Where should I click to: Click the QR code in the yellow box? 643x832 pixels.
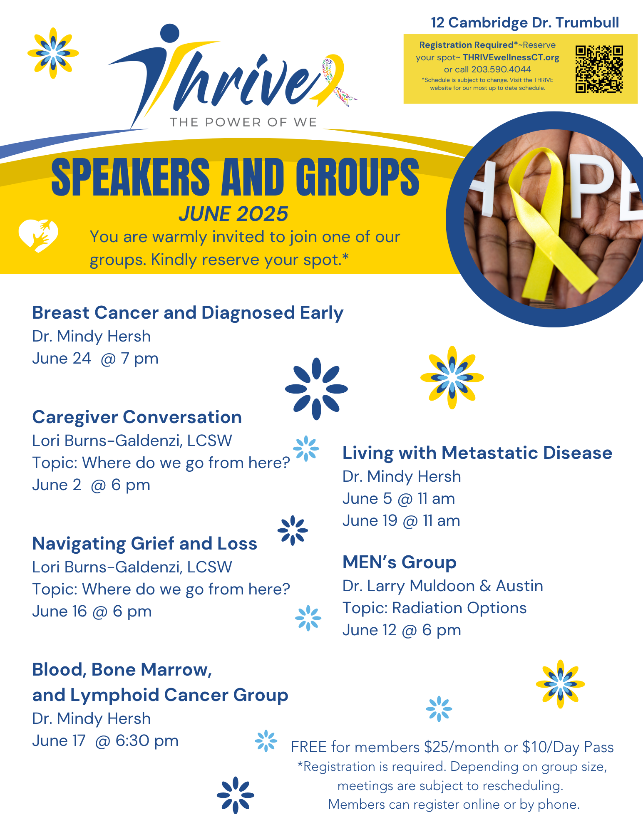(599, 69)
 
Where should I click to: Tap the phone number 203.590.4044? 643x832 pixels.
(501, 69)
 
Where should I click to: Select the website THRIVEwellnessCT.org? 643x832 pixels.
(511, 57)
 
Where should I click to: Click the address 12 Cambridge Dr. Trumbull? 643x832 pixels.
(525, 22)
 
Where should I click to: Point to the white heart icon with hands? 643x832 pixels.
(38, 236)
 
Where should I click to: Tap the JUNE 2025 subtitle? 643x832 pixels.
(233, 214)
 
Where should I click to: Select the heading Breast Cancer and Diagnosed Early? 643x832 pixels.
(188, 313)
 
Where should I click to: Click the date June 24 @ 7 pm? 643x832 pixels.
(95, 359)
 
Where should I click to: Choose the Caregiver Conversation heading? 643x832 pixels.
(137, 417)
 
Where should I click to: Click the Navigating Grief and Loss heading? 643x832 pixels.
(145, 544)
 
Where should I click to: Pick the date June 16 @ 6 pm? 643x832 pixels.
(92, 612)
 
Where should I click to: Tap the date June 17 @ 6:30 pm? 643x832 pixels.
(105, 741)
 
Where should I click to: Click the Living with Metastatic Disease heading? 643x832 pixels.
(477, 453)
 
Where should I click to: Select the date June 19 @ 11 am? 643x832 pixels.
(401, 521)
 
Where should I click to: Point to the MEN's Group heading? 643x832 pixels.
(400, 562)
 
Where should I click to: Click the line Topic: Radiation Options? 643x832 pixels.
(434, 608)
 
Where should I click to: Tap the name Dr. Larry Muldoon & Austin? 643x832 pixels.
(443, 586)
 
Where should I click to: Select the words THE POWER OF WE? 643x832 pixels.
(243, 122)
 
